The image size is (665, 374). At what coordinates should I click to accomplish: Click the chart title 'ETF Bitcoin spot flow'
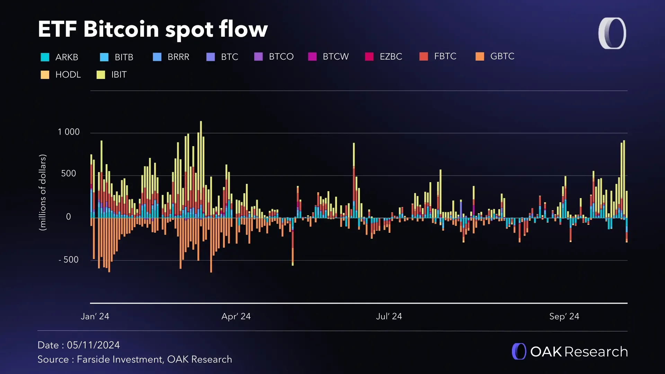coord(153,29)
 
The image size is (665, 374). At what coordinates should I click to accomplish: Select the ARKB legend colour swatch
coord(45,57)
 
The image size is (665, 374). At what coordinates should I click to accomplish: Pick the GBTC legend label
coord(502,56)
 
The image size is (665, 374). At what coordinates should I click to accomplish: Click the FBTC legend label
coord(445,56)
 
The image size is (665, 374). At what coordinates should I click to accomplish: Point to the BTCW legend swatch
coord(312,57)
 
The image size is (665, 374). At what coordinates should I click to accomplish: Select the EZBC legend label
coord(391,57)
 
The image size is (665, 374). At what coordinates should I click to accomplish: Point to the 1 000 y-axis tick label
coord(69,132)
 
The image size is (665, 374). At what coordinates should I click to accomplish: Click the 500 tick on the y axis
coord(69,173)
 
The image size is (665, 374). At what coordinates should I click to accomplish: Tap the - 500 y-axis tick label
coord(69,260)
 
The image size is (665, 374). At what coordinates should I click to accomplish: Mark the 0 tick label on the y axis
coord(69,217)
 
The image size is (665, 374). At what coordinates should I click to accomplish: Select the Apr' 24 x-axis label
coord(236,317)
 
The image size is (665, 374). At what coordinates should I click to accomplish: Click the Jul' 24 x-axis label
coord(389,317)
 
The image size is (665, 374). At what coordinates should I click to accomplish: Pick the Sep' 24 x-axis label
coord(564,317)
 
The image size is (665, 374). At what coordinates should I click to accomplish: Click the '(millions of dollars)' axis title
coord(43,193)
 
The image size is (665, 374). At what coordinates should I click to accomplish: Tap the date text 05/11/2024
coord(93,345)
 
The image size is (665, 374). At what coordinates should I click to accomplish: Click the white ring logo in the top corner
coord(612,33)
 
